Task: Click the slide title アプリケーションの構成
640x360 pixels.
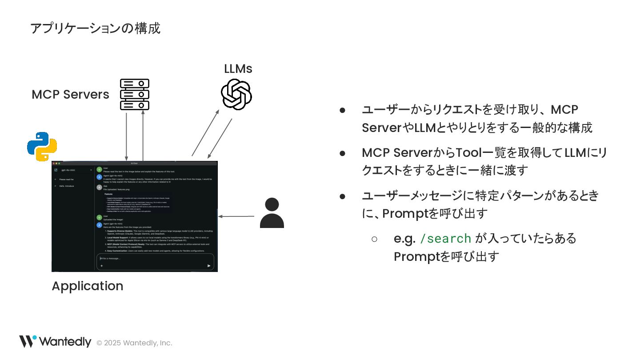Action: click(95, 28)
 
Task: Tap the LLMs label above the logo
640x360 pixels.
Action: click(238, 69)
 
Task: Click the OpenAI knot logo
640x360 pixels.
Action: click(236, 94)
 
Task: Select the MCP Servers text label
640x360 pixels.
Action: click(70, 95)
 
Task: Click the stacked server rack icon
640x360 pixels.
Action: click(135, 94)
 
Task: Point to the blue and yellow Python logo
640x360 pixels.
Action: click(42, 146)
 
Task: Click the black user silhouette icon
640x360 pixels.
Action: click(272, 213)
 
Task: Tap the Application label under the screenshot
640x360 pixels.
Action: click(87, 286)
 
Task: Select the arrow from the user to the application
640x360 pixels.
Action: click(236, 217)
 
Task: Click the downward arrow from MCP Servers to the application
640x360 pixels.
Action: click(127, 136)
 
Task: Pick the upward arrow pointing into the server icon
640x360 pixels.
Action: click(143, 135)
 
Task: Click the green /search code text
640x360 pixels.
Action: click(445, 239)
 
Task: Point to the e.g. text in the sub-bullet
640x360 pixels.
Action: click(404, 239)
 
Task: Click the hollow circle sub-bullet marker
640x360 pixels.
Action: click(374, 239)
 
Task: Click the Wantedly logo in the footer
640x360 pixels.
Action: click(55, 342)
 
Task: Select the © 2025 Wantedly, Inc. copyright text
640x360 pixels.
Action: click(134, 343)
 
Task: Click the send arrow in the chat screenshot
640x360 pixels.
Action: click(209, 266)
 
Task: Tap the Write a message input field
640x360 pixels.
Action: click(151, 258)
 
